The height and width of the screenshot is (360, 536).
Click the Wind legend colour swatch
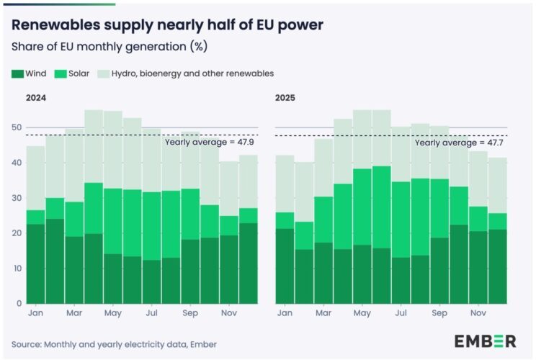tap(17, 73)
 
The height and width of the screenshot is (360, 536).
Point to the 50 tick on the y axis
tap(17, 127)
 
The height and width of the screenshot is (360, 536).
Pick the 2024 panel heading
tap(36, 98)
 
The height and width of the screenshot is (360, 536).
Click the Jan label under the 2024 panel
tap(35, 314)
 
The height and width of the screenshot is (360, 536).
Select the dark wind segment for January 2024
tap(35, 264)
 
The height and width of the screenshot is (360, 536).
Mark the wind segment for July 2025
tap(401, 280)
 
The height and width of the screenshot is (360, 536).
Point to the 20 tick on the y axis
tap(17, 233)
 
